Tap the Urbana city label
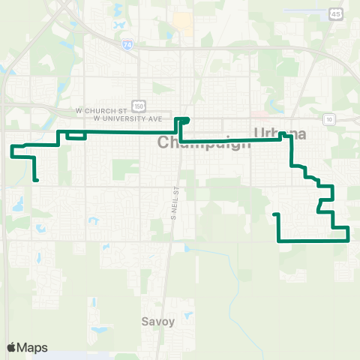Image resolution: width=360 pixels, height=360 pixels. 280,133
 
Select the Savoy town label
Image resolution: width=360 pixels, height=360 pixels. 157,322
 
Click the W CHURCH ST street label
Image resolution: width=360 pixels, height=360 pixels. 98,110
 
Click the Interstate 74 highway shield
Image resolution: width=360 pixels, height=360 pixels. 125,44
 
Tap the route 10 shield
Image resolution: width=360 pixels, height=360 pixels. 329,118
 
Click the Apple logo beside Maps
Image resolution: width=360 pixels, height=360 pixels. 11,347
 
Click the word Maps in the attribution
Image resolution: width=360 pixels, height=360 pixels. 32,347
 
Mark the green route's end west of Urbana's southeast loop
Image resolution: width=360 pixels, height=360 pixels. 274,215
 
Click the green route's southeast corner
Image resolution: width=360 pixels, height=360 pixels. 349,240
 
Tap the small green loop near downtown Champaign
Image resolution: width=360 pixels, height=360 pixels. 182,120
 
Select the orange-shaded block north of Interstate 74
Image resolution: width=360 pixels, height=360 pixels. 182,22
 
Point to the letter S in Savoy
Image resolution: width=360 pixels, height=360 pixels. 145,322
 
